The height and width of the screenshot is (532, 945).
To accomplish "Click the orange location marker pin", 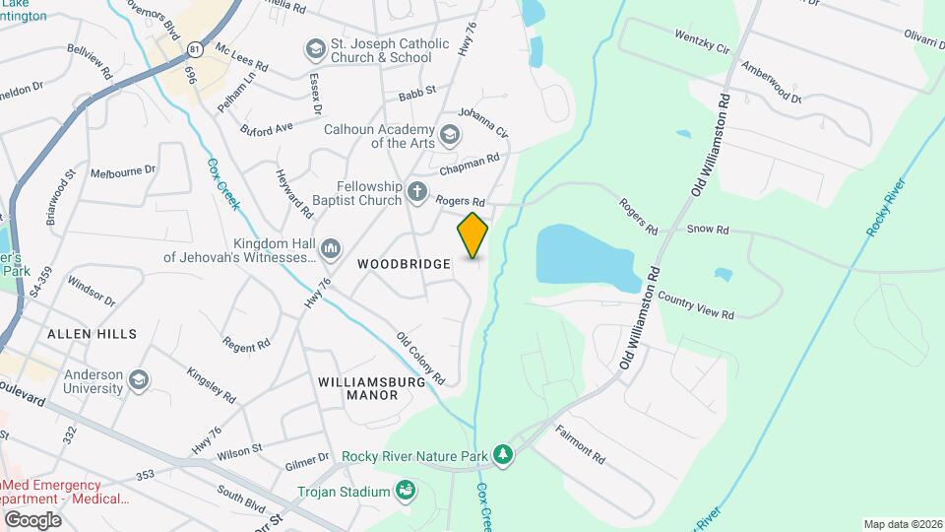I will coord(472,235).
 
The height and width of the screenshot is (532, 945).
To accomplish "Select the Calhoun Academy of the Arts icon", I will coord(449,135).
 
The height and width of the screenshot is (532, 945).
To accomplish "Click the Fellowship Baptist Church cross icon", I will coord(417,192).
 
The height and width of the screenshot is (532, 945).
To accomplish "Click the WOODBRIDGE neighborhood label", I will coord(404,264).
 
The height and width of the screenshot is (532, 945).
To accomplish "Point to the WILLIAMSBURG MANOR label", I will coord(358,387).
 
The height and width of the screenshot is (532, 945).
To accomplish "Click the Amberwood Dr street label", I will coord(773,85).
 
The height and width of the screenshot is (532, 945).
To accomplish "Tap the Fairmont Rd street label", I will coord(580,445).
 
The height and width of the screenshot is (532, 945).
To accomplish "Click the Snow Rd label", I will coord(708,230).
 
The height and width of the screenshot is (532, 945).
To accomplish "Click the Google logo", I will coord(32,519).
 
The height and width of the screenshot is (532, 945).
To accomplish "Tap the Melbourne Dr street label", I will coord(123,170).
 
